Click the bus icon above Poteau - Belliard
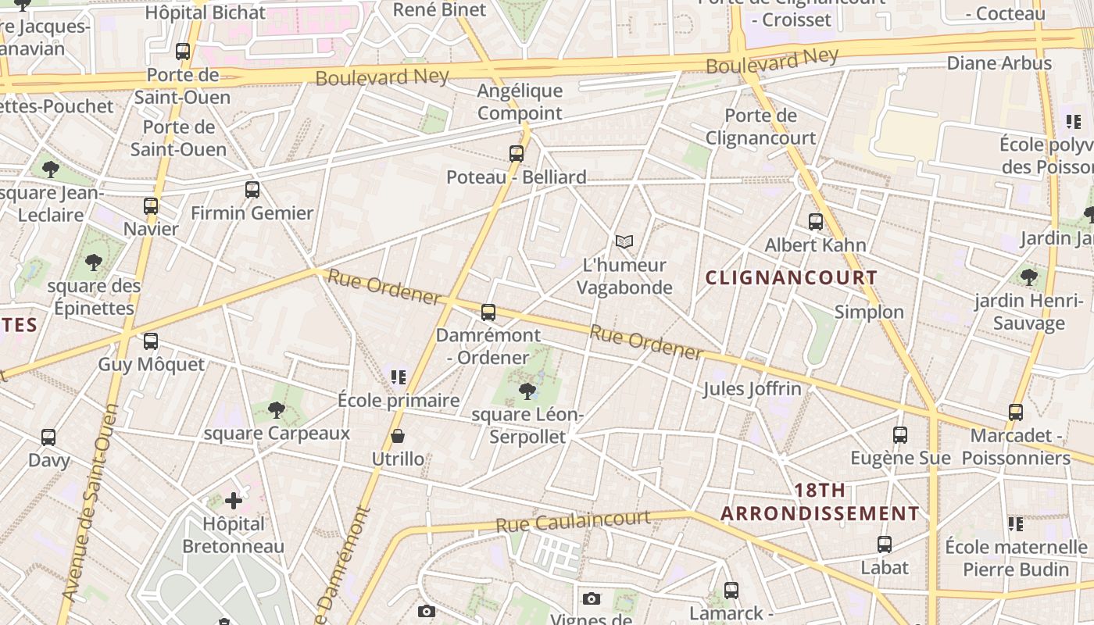(x=516, y=153)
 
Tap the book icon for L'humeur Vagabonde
(x=624, y=242)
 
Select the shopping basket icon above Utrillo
(x=398, y=436)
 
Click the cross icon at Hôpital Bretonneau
(x=233, y=500)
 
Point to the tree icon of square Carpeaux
(x=276, y=409)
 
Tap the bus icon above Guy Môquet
(x=151, y=341)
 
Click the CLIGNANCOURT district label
(x=791, y=277)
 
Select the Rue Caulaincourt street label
(x=573, y=522)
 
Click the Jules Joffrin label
(x=752, y=388)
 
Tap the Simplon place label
(x=869, y=312)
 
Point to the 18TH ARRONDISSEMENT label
(x=820, y=502)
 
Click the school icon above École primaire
(x=399, y=377)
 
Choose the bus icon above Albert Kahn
(x=816, y=222)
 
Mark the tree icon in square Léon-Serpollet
(x=527, y=391)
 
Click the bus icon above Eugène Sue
(x=900, y=435)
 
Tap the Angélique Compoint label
(x=520, y=102)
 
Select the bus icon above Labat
(x=885, y=545)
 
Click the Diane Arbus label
(x=999, y=62)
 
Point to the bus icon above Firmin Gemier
(x=252, y=190)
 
